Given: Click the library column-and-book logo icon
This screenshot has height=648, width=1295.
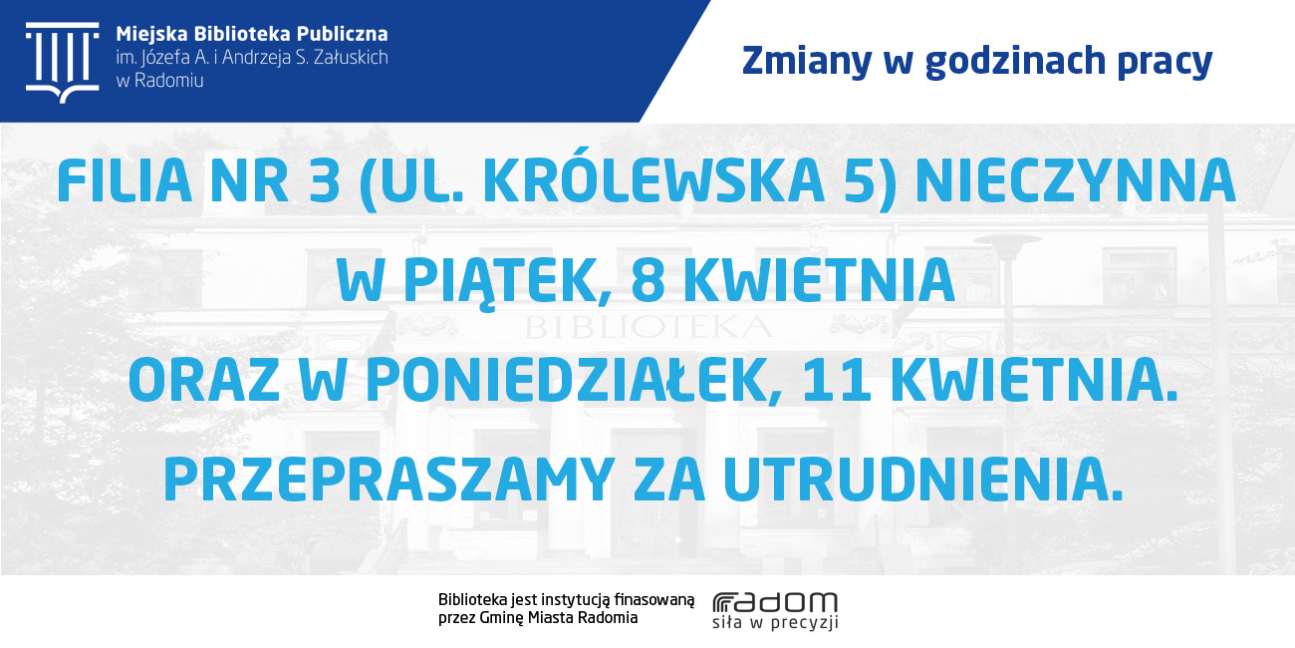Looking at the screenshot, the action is point(63,63).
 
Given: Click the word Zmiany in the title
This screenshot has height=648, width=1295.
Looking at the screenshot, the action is point(807,62).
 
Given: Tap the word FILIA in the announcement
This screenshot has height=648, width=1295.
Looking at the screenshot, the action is point(125,180).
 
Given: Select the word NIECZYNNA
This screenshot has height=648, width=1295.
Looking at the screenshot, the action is point(1075,180).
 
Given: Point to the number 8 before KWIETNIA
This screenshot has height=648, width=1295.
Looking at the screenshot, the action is point(647,280).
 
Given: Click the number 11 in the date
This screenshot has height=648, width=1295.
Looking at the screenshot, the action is point(837,380).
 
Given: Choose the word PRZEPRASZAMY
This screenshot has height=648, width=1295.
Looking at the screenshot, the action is point(389,480).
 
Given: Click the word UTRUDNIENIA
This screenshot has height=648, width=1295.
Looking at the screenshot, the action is point(923,480).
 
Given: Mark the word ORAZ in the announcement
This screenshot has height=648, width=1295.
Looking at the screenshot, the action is point(204,380).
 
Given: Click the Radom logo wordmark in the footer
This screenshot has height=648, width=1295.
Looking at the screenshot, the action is point(775,602).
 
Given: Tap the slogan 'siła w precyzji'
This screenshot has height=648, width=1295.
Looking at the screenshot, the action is point(775,622).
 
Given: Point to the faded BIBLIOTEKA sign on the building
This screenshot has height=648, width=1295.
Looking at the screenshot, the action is point(648,327).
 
